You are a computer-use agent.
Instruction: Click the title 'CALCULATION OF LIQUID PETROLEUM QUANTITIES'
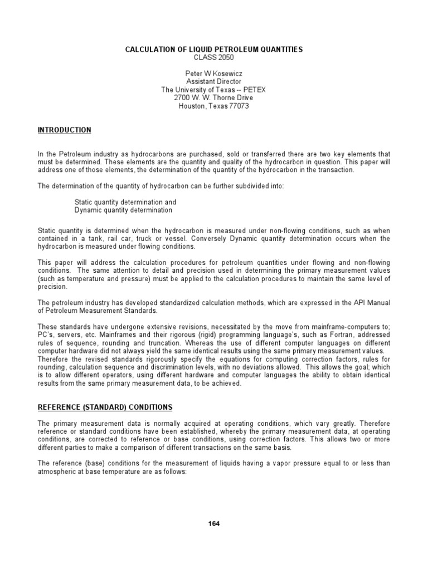(214, 50)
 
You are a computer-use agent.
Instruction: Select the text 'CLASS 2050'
(214, 57)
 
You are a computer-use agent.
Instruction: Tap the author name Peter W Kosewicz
(214, 73)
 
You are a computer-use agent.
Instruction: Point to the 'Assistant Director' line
(214, 81)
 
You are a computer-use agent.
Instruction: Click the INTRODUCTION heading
(64, 130)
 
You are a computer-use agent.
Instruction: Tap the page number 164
(214, 524)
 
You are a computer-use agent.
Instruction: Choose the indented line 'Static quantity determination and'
(125, 202)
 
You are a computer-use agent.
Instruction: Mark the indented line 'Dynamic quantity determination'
(123, 210)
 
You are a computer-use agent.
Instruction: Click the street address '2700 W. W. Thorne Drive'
(214, 98)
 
